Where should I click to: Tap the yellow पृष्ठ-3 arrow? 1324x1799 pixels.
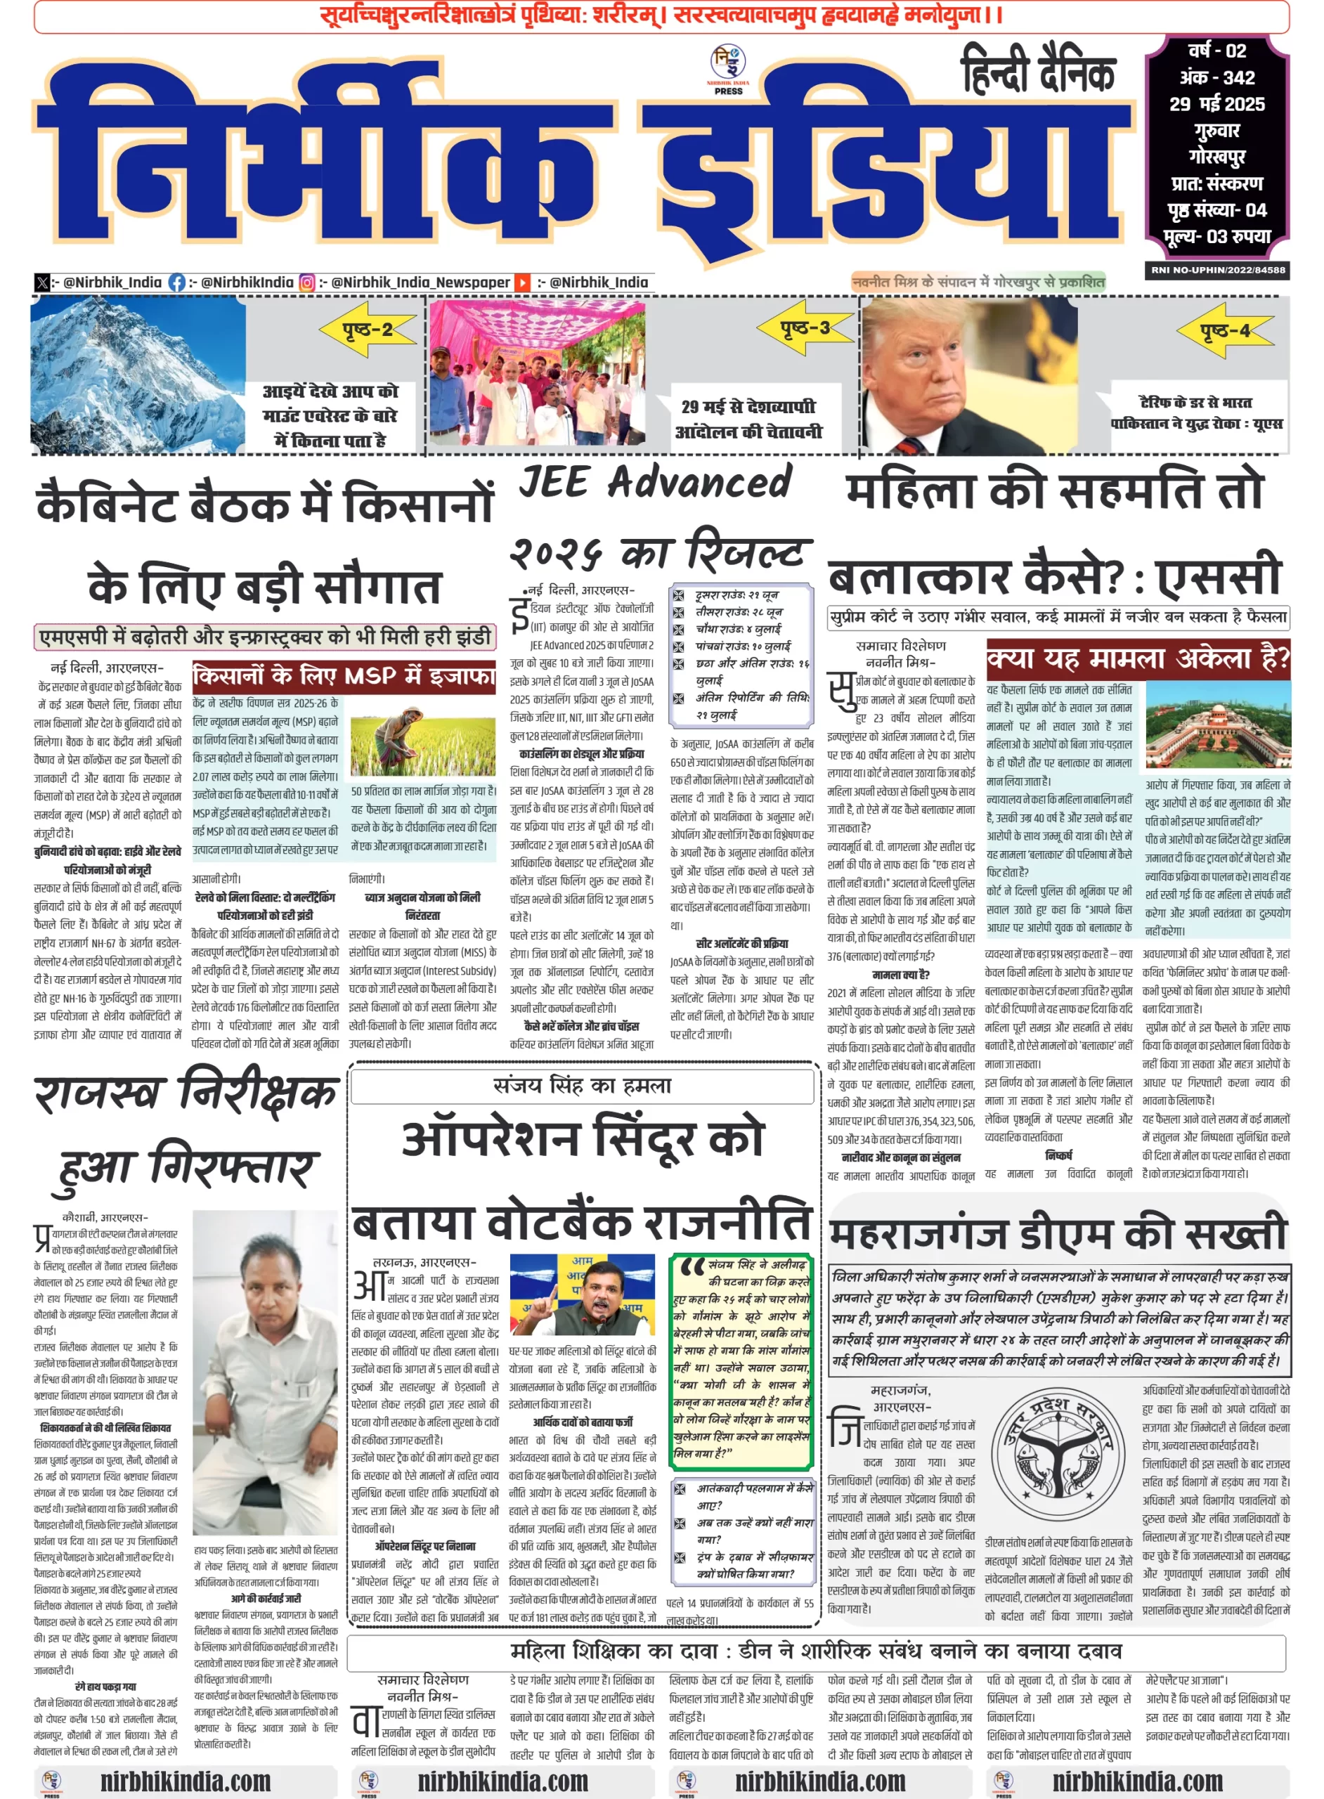805,327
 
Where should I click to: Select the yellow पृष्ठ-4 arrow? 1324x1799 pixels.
1224,330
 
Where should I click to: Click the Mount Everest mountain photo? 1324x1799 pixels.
138,375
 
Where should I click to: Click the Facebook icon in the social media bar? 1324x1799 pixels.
176,282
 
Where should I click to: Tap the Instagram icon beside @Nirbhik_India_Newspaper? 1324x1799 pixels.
307,282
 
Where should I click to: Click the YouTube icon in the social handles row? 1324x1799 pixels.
521,282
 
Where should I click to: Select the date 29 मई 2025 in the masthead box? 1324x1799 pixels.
1216,104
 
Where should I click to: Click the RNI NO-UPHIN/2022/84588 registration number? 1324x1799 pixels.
1217,270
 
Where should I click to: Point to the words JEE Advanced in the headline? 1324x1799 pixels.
656,482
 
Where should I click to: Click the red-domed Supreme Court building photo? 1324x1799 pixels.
1217,725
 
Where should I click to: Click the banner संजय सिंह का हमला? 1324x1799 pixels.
582,1086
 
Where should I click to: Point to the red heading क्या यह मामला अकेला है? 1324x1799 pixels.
1138,658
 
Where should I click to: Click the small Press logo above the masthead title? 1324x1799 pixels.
728,69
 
